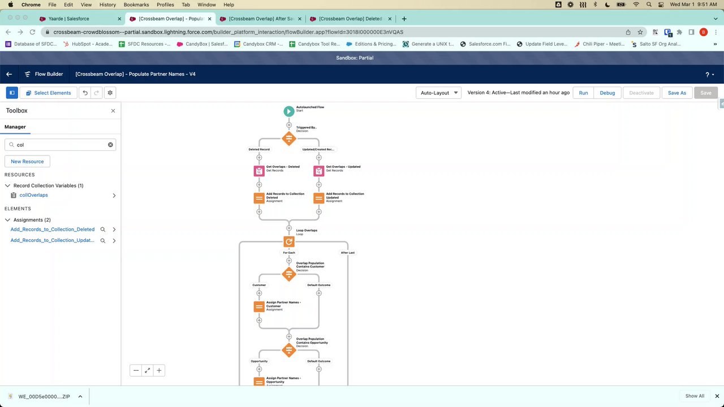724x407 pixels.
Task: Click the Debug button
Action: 607,93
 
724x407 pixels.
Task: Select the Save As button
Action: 676,93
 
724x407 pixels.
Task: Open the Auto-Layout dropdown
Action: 439,93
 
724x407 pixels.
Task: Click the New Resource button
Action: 27,162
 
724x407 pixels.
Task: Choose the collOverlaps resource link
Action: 33,195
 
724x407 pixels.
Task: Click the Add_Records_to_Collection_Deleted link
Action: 53,230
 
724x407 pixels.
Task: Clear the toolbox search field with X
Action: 110,145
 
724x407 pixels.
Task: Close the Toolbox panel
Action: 113,111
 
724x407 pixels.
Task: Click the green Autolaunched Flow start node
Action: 289,111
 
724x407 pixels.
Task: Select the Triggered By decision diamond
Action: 289,138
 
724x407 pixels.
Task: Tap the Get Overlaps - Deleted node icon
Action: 259,171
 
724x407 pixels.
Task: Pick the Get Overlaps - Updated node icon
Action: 319,171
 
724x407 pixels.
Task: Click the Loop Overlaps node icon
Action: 289,241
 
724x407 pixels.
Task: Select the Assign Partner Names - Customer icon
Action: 259,306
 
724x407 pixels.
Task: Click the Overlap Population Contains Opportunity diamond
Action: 289,350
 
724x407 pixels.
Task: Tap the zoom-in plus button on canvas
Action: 159,370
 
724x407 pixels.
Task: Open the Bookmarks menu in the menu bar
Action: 136,5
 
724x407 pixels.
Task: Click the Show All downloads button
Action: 695,396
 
